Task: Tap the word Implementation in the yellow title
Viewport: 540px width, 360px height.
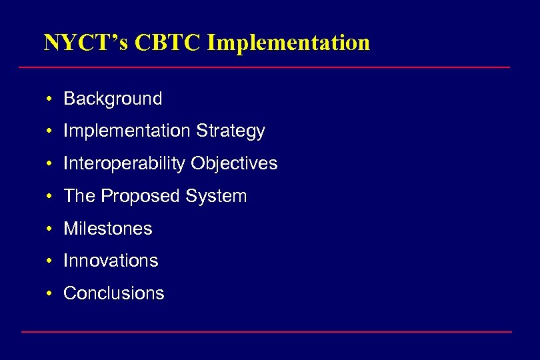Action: click(289, 43)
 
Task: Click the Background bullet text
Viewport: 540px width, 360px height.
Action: click(113, 99)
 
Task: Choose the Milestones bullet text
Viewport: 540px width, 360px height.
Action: click(108, 229)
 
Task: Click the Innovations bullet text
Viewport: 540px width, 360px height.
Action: click(111, 261)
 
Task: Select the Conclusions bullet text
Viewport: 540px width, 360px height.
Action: click(113, 293)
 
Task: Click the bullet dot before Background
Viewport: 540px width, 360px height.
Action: click(50, 99)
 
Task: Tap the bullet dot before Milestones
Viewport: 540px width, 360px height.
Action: click(50, 229)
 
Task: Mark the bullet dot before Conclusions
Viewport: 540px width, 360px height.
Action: click(50, 294)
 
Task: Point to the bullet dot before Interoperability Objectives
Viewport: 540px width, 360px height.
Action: click(50, 164)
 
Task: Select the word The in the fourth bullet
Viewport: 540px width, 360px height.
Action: click(79, 196)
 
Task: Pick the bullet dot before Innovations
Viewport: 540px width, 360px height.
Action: click(50, 261)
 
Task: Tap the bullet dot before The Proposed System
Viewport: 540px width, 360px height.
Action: click(50, 197)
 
